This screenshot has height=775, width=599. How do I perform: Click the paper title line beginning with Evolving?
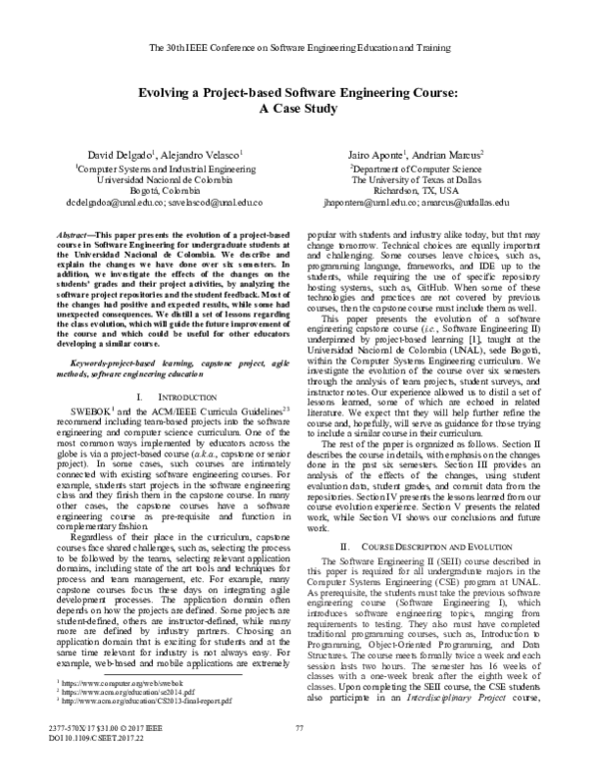tap(299, 92)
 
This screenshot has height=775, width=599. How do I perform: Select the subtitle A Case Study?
tap(299, 110)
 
